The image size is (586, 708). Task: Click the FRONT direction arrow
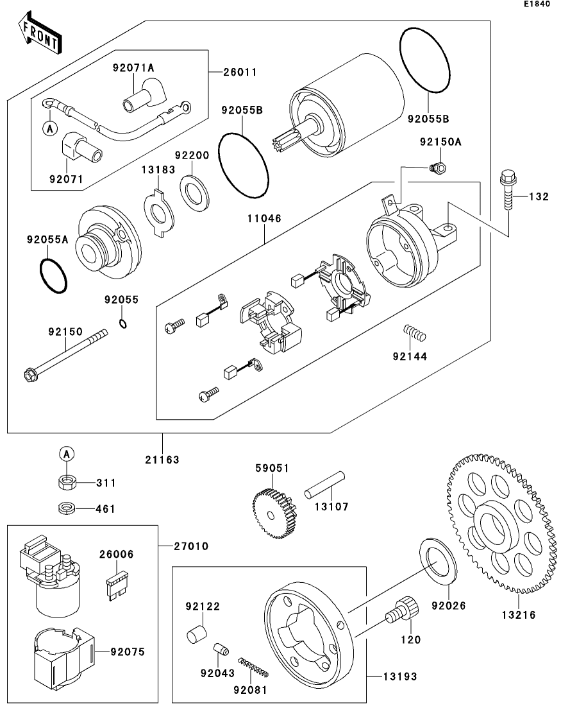coord(40,33)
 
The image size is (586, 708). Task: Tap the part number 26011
coord(240,73)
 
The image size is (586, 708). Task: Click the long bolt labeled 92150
coord(65,354)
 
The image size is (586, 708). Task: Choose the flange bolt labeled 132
coord(508,189)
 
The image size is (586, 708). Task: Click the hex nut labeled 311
coord(67,482)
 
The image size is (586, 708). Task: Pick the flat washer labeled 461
coord(67,508)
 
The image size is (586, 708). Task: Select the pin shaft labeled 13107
coord(325,485)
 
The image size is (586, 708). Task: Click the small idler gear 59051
coord(274,514)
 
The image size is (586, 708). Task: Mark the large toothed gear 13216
coord(501,524)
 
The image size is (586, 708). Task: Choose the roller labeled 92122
coord(196,634)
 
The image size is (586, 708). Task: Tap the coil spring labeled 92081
coord(253,668)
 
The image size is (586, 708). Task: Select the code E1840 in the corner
coord(537,4)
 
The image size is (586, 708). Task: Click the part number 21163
coord(162,460)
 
